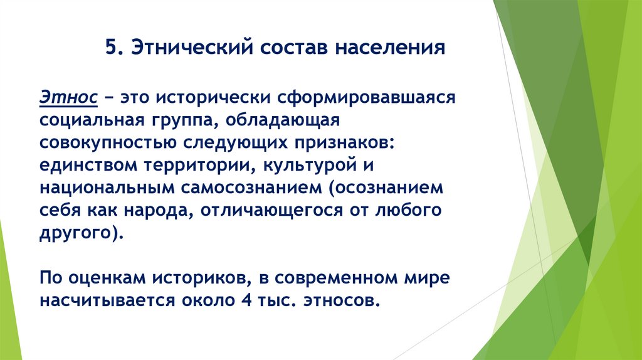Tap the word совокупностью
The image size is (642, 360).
[108, 142]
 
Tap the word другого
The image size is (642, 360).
[77, 232]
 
